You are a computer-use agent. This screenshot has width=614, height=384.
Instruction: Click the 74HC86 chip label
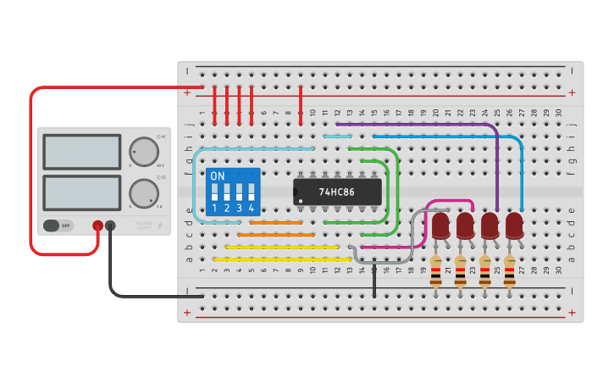click(337, 192)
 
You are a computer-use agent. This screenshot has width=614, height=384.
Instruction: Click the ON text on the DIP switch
click(218, 176)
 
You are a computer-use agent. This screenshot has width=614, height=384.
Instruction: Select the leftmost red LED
click(440, 226)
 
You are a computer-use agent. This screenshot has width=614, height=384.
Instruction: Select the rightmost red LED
click(514, 226)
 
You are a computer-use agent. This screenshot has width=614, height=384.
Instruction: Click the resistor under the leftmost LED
click(436, 271)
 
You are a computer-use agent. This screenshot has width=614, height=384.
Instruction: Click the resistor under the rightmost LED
click(510, 271)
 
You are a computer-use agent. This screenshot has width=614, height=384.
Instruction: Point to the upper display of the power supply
click(82, 153)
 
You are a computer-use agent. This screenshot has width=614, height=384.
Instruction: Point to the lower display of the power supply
click(82, 192)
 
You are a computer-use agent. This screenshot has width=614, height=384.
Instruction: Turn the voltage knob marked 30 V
click(143, 152)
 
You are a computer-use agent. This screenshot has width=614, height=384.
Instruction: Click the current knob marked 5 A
click(143, 192)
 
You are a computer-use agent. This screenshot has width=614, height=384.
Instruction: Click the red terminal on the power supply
click(98, 225)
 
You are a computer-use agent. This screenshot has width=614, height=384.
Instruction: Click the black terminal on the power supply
click(110, 225)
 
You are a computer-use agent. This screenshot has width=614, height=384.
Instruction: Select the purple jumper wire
click(423, 124)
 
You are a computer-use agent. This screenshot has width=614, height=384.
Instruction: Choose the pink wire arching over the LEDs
click(449, 202)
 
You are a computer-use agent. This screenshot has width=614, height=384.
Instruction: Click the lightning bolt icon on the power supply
click(161, 226)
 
